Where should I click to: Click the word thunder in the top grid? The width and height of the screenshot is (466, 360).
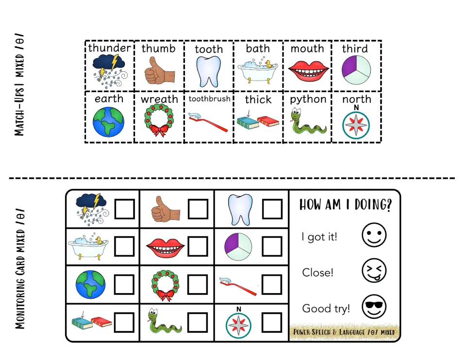click(109, 48)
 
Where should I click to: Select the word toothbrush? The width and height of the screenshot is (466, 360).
click(209, 98)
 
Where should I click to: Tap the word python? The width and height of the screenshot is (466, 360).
click(308, 99)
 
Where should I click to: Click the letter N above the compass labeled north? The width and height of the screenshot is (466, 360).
click(356, 108)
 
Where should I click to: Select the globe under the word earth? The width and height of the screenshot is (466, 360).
click(108, 122)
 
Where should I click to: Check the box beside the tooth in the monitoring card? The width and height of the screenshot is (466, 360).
click(272, 209)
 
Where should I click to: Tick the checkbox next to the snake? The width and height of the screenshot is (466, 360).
click(198, 323)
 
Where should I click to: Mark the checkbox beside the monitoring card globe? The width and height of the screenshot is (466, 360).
click(124, 284)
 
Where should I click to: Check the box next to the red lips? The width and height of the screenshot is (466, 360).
click(198, 246)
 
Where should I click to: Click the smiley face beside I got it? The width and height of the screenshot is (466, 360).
click(374, 235)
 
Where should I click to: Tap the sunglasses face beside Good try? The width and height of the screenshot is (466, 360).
click(374, 307)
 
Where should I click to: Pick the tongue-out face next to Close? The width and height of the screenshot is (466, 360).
click(374, 271)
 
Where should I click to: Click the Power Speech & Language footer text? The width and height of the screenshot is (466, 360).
click(344, 332)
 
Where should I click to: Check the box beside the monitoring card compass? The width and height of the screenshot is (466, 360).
click(272, 323)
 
